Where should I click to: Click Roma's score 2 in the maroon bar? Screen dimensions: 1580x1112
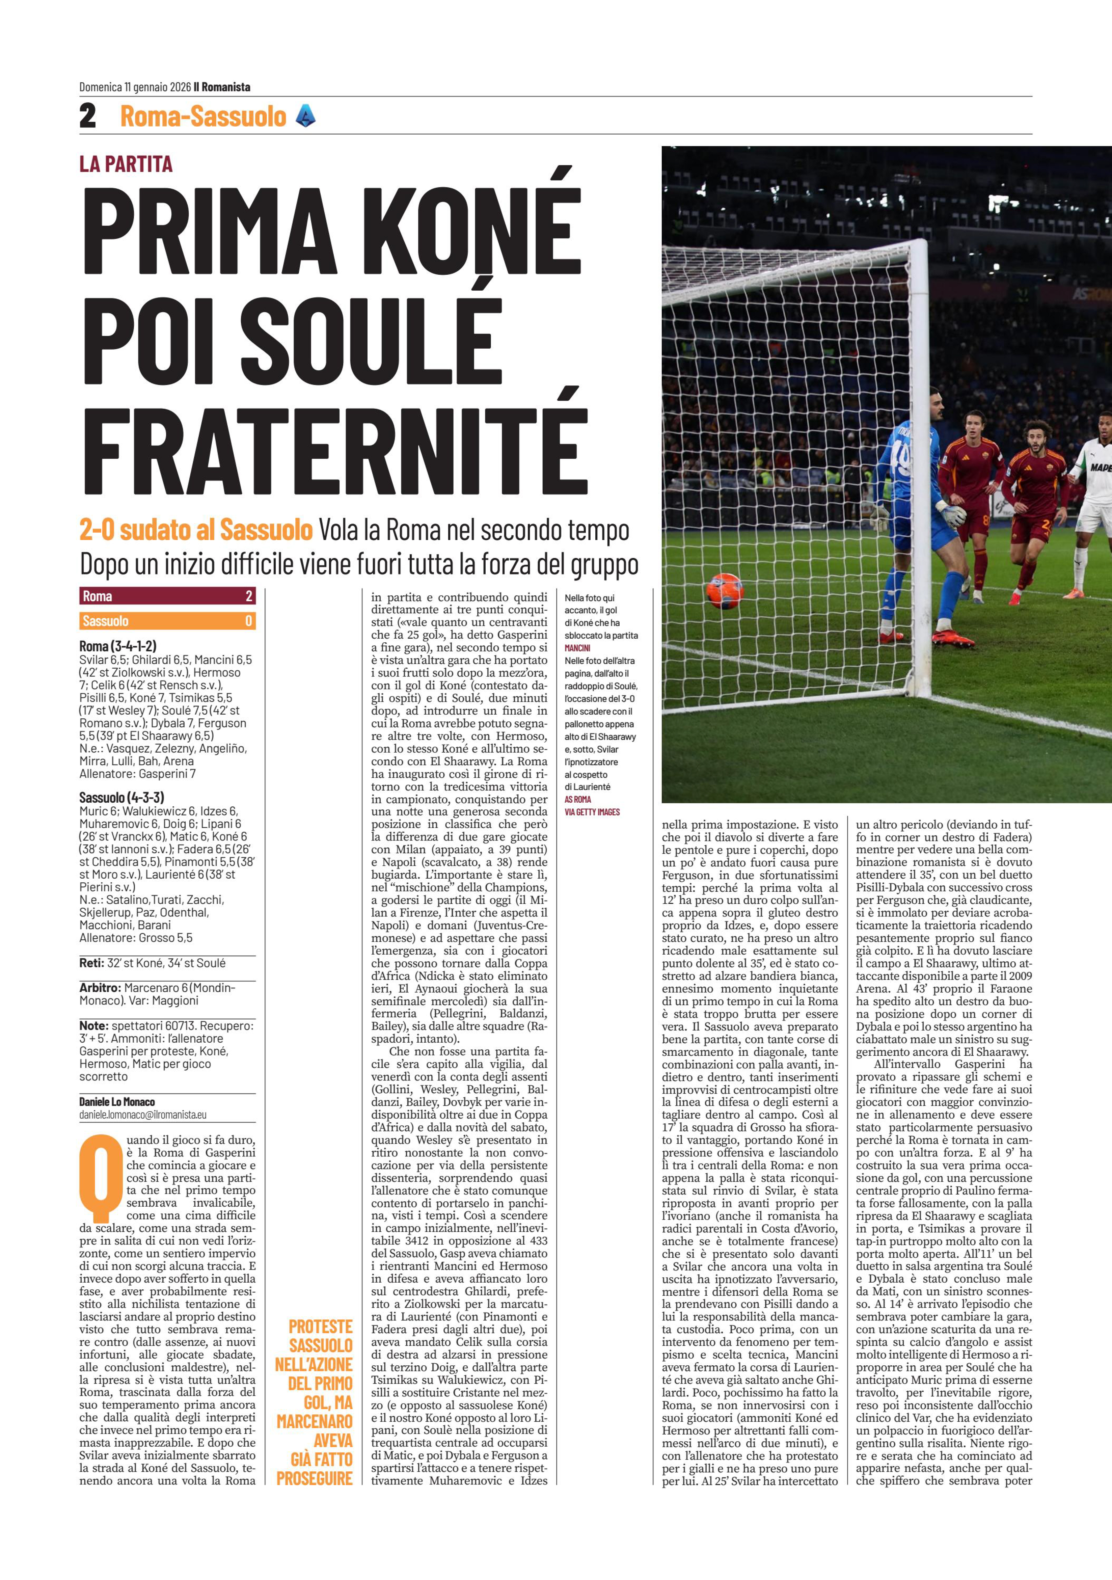pos(249,596)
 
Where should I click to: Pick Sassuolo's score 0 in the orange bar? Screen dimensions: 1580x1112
pos(249,621)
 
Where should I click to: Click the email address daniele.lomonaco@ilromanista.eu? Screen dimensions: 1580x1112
pos(142,1114)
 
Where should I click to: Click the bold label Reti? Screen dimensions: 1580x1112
pos(91,963)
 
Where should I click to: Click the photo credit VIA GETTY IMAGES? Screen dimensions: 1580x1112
pos(592,812)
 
